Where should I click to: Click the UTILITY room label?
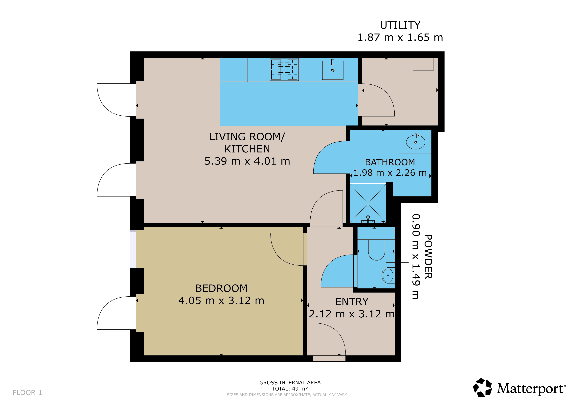pos(400,25)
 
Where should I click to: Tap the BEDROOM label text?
pos(221,288)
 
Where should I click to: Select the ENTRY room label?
pos(352,302)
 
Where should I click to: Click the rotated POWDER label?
pos(428,257)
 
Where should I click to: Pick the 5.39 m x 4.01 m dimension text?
pos(247,161)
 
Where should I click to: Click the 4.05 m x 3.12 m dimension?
pos(221,301)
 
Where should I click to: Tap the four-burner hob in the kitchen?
pos(284,70)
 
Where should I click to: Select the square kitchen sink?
pos(333,70)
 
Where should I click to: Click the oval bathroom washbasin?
pos(415,142)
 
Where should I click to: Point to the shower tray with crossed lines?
pos(368,203)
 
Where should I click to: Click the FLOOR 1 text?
pos(27,393)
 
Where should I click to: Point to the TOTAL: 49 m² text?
pos(290,389)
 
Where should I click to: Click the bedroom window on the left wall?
pos(133,249)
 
